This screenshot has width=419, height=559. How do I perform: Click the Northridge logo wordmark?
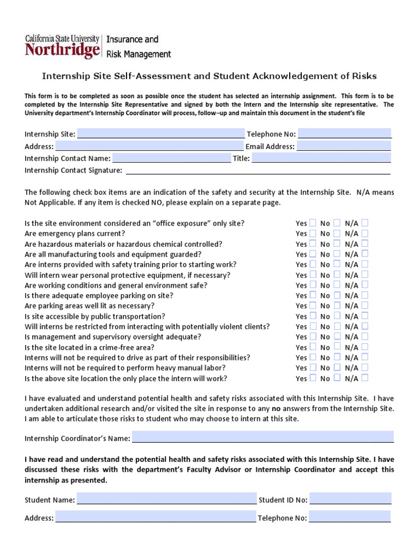coord(62,51)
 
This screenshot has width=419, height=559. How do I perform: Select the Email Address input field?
coord(344,146)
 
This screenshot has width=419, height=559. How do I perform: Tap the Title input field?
coord(321,159)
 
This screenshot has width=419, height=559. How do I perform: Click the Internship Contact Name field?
coord(171,159)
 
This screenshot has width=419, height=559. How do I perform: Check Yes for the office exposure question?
coord(313,223)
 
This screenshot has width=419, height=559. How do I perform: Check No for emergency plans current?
coord(337,233)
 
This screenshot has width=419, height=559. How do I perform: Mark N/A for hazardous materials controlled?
coord(364,243)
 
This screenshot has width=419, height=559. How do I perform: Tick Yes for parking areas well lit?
coord(313,306)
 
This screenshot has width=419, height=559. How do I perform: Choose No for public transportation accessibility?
coord(337,316)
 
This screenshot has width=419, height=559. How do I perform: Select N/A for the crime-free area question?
coord(364,347)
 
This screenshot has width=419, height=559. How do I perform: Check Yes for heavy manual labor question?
coord(313,367)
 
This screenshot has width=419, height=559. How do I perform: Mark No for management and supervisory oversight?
coord(337,336)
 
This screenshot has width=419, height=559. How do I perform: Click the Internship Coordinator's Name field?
coord(262,438)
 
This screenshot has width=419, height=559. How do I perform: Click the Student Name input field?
coord(166,499)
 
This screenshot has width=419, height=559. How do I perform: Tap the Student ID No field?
coord(351,499)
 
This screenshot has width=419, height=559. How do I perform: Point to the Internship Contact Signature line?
coord(258,171)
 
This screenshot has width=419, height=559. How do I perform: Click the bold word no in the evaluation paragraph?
coord(276,408)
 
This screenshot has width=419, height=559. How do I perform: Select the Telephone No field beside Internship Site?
coord(345,134)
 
